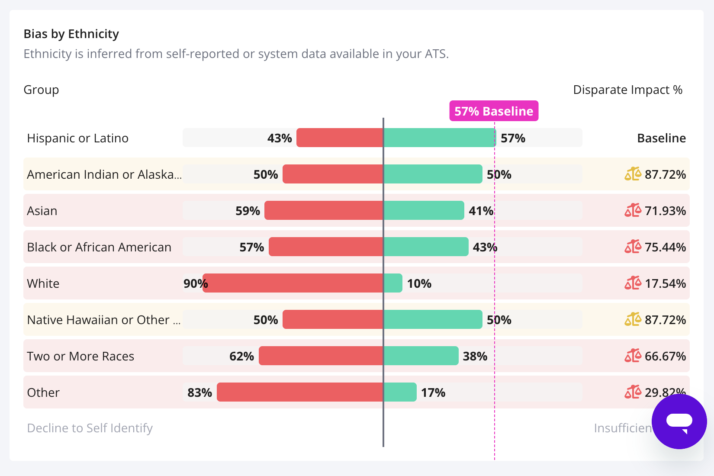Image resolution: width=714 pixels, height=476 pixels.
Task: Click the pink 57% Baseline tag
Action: point(494,111)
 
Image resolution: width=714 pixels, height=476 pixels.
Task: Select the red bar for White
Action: point(293,283)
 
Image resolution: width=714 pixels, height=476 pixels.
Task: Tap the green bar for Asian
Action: point(424,210)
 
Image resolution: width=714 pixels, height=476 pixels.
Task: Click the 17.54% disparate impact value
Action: point(665,283)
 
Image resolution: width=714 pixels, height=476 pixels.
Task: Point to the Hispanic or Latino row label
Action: point(78,138)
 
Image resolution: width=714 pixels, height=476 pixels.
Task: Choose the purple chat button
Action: point(679,421)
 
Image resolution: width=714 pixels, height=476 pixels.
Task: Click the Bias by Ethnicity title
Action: point(71,34)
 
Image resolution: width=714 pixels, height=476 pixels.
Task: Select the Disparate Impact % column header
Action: point(627,90)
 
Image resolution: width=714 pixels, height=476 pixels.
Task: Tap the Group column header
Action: point(41,90)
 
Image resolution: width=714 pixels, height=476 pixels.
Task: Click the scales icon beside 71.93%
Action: point(632,210)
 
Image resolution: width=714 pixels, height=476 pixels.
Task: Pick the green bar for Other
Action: point(400,392)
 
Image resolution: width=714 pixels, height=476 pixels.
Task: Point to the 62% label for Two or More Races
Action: point(241,356)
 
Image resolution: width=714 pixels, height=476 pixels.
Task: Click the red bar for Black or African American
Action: point(326,247)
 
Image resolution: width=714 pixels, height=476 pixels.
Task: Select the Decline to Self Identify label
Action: point(90,428)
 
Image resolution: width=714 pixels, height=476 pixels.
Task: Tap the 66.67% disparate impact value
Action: point(665,356)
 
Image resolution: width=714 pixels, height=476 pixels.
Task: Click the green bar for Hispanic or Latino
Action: point(439,138)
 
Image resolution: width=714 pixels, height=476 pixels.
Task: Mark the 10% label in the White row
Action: point(419,283)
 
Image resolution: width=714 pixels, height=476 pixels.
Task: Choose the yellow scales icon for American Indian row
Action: point(632,174)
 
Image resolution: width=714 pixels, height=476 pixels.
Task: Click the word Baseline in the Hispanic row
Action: point(661,138)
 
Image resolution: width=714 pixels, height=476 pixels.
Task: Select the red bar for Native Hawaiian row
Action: point(333,319)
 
